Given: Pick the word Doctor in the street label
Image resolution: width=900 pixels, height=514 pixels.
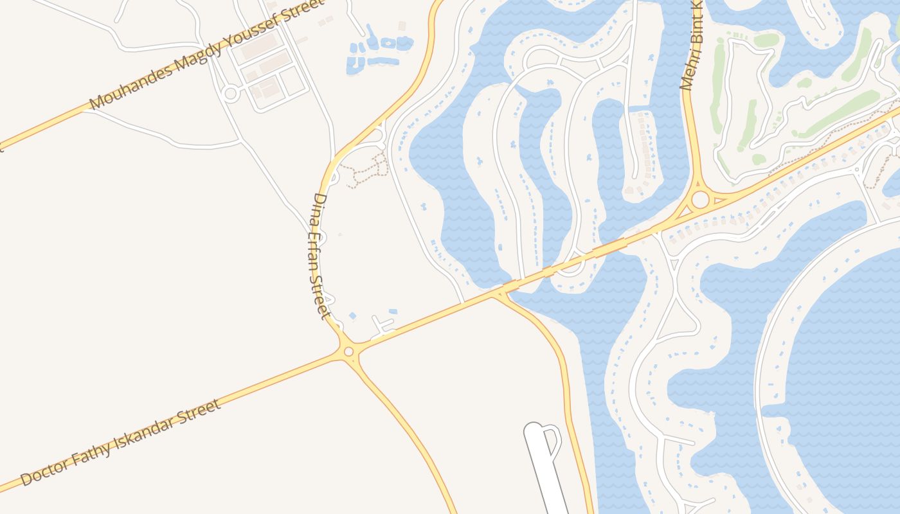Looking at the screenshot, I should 46,471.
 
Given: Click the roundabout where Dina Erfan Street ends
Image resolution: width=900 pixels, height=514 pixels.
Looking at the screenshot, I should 348,351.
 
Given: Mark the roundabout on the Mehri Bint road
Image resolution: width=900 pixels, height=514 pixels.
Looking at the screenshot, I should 700,199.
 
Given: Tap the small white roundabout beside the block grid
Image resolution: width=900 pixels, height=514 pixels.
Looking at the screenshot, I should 231,94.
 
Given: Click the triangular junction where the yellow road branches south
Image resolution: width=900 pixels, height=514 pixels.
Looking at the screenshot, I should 499,294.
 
